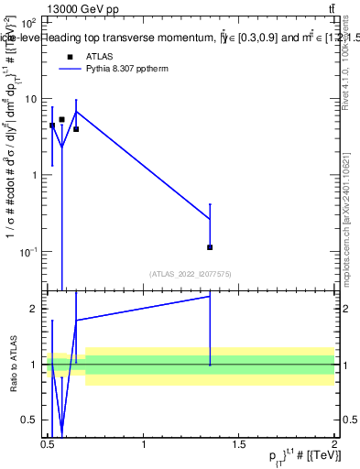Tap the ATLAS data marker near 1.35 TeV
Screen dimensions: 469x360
point(210,247)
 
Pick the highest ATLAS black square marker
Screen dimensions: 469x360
point(62,119)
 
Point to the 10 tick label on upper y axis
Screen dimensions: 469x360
point(30,99)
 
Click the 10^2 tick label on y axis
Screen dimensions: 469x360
point(28,22)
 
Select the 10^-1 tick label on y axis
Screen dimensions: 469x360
point(28,251)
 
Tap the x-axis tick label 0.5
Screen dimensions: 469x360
point(48,445)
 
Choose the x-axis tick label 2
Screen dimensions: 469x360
point(334,445)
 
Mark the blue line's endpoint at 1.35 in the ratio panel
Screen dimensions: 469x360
point(210,296)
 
